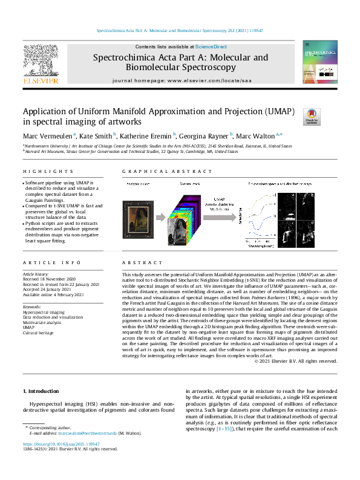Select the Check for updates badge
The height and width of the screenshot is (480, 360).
312,116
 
